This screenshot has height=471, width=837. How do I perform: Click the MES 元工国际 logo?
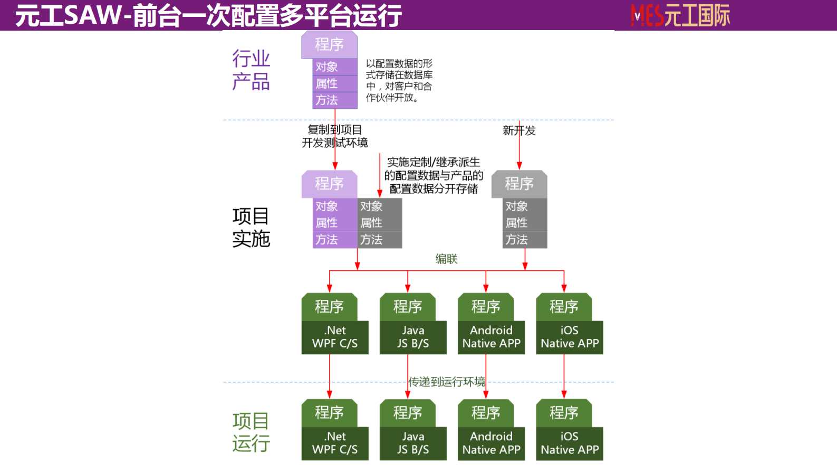coord(680,15)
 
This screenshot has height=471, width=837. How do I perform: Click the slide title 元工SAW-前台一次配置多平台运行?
coord(208,15)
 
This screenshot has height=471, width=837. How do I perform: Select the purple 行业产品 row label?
coord(251,70)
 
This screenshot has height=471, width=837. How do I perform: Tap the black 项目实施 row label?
coord(251,227)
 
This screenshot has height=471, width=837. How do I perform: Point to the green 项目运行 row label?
coord(251,432)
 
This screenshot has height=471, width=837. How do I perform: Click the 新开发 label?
coord(519,130)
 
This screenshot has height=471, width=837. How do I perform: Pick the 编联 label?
coord(446,259)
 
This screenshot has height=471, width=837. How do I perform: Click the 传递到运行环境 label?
coord(447,381)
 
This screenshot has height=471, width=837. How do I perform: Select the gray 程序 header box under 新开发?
coord(519,184)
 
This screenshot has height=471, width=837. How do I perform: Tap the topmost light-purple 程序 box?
coord(329,44)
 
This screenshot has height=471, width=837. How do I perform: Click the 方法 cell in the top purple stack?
coord(334,100)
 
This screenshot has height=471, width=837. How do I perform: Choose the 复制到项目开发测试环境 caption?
coord(334,136)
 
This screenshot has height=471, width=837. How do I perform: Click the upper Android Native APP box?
coord(491,337)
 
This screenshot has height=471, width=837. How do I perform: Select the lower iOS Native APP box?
coord(570,443)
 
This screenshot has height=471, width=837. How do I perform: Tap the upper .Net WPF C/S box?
coord(334,337)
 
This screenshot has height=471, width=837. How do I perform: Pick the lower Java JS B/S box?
coord(413,443)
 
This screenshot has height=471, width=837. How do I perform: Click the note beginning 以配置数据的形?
coord(399,80)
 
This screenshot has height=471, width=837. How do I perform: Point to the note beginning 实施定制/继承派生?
coord(434,175)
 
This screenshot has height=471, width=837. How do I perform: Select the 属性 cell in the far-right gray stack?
coord(524,223)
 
